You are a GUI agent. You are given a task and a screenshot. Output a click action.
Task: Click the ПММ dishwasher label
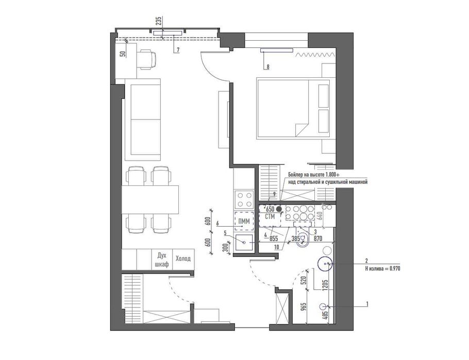coord(244,221)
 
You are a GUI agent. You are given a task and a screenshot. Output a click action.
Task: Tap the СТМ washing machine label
coord(270,217)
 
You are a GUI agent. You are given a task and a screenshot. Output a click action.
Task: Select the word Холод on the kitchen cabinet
coord(183,259)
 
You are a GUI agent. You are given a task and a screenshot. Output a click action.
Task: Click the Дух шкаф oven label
coord(161,260)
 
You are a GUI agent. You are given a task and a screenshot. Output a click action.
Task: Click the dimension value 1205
coord(326,285)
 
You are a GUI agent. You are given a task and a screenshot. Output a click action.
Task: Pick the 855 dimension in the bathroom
coord(274,238)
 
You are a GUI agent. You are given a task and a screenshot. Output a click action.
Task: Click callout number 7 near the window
coord(178,50)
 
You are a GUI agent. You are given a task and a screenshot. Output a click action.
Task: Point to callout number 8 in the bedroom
coord(267,67)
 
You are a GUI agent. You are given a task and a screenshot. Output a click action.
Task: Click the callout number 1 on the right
coord(367,304)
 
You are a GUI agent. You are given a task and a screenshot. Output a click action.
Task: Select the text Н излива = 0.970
coord(382,268)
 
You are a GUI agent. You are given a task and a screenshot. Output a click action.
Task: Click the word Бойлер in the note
coord(295,175)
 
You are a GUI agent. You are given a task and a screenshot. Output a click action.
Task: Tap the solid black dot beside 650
coord(279,209)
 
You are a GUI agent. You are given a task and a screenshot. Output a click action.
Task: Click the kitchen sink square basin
coord(244,243)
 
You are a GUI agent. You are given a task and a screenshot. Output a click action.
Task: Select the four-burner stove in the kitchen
coord(244,199)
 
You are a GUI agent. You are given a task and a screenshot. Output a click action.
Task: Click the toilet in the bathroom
coord(303,238)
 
